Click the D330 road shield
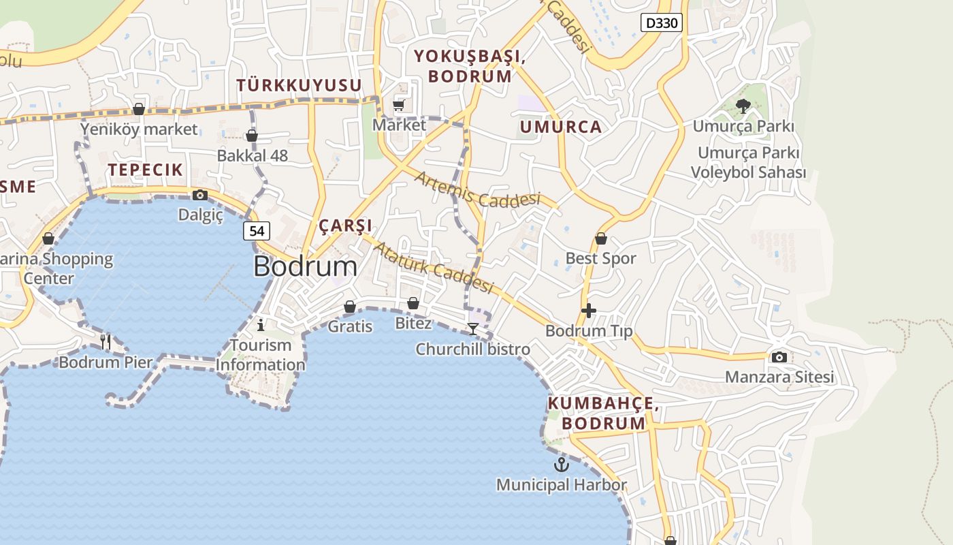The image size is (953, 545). [x=661, y=23]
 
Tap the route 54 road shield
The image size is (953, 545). [x=256, y=231]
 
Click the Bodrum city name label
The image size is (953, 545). [x=305, y=266]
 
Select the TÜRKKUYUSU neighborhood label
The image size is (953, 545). [x=299, y=85]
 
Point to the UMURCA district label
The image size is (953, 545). [x=561, y=127]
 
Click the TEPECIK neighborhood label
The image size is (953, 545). [x=145, y=170]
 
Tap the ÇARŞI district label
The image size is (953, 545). [x=346, y=225]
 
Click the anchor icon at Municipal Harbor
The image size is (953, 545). [x=561, y=465]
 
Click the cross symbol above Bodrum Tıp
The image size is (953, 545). [x=589, y=311]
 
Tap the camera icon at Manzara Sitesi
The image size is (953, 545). [x=779, y=357]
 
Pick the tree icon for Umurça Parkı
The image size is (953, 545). [x=743, y=106]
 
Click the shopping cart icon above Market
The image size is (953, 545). [x=399, y=105]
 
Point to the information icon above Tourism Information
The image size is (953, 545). [x=260, y=325]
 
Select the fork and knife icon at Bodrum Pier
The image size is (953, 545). [x=106, y=341]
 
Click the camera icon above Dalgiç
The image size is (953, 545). [x=200, y=196]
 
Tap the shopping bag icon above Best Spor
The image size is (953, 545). [x=601, y=238]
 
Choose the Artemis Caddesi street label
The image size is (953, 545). [x=477, y=190]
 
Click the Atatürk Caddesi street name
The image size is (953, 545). [x=433, y=266]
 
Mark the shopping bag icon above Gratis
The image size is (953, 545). [x=350, y=307]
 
